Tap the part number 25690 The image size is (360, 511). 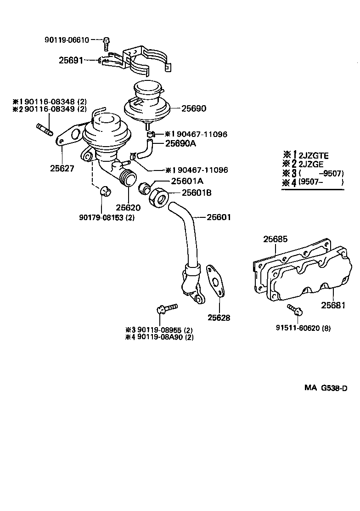[x=193, y=109]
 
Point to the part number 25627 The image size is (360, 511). [x=62, y=169]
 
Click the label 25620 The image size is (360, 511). [x=128, y=207]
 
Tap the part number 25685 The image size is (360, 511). [x=275, y=239]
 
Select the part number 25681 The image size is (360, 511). [x=332, y=305]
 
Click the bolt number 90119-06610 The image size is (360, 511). [x=67, y=40]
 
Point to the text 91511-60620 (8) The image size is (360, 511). [x=303, y=328]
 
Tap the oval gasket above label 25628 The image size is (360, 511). [x=215, y=280]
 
